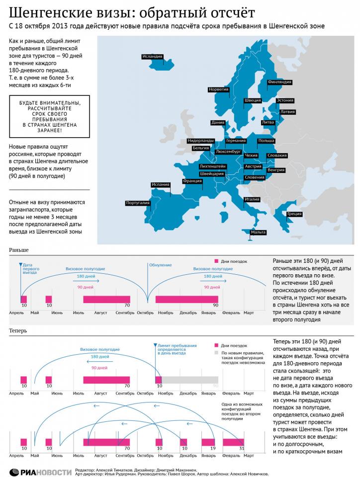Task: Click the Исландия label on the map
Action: (152, 56)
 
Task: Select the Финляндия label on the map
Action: (279, 81)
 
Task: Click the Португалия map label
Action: (138, 203)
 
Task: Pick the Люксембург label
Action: (229, 151)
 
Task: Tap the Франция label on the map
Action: (192, 181)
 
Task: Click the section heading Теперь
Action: (18, 330)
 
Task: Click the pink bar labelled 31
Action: (233, 442)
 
